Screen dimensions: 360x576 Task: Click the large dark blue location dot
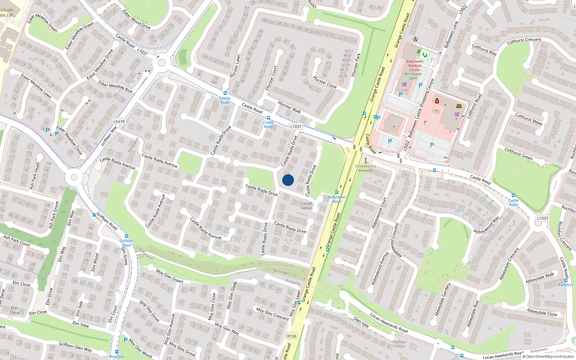(288, 180)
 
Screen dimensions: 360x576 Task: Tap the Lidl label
(405, 90)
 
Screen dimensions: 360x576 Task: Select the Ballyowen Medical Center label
(415, 66)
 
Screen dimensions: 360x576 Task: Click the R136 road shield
(292, 336)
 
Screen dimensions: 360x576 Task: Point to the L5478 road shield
(119, 122)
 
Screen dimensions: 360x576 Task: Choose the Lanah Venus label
(307, 206)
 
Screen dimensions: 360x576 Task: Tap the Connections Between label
(365, 168)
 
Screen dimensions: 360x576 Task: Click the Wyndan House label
(400, 344)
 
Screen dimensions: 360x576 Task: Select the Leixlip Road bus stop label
(225, 100)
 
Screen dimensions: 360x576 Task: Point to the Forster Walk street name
(289, 107)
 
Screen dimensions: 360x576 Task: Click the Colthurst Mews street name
(528, 119)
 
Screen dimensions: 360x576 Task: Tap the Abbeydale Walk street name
(540, 278)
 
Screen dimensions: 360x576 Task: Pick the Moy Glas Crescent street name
(273, 313)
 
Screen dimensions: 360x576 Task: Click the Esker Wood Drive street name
(137, 19)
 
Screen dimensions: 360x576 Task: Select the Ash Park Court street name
(17, 240)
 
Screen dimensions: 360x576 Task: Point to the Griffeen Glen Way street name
(75, 347)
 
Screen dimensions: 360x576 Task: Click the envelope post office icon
(459, 106)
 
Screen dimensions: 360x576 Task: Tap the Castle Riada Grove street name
(221, 141)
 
